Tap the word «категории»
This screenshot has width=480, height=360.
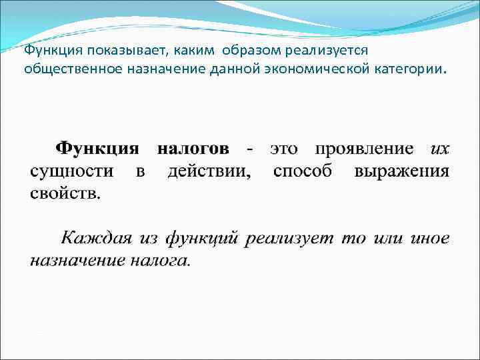pyautogui.click(x=409, y=69)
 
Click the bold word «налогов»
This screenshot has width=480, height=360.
pyautogui.click(x=193, y=148)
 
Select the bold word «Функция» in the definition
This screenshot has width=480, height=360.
pyautogui.click(x=97, y=148)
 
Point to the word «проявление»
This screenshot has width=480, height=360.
pyautogui.click(x=365, y=148)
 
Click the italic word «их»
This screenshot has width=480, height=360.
pyautogui.click(x=440, y=148)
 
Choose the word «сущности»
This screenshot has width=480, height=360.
pyautogui.click(x=71, y=171)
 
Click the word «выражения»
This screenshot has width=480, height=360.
pyautogui.click(x=401, y=171)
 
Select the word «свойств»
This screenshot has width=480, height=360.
pyautogui.click(x=65, y=194)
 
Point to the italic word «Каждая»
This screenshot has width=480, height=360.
pyautogui.click(x=96, y=238)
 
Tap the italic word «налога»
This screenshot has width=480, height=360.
pyautogui.click(x=161, y=261)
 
